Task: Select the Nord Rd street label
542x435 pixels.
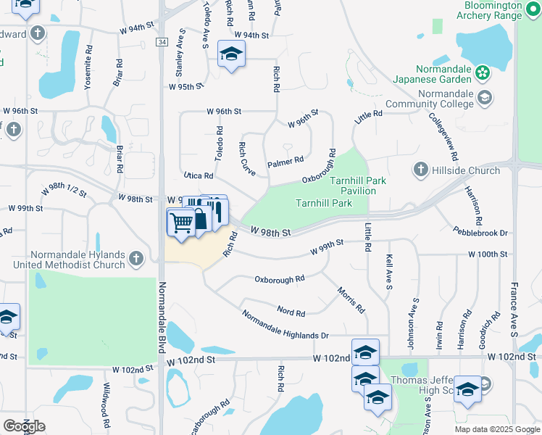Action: [291, 312]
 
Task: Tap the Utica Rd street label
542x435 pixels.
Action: [198, 175]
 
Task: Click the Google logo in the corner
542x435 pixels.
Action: [24, 426]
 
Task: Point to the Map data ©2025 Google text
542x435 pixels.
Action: [497, 429]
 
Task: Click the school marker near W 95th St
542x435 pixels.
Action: [231, 54]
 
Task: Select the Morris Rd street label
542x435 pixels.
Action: [351, 299]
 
